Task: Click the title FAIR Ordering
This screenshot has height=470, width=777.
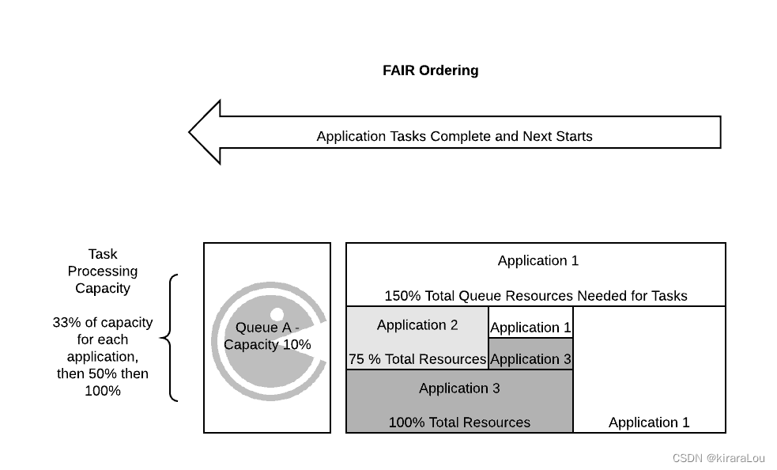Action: click(x=430, y=70)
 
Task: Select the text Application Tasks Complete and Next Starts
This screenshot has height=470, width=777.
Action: click(x=454, y=136)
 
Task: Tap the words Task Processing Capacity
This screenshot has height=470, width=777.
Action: click(x=103, y=271)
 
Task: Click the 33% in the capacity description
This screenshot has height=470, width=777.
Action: click(x=65, y=323)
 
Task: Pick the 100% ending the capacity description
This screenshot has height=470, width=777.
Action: click(x=103, y=390)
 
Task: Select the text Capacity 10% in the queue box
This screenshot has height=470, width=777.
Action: click(x=267, y=345)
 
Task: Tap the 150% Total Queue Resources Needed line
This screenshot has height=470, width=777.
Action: click(x=535, y=296)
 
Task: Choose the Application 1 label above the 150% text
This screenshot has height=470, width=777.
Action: click(x=537, y=260)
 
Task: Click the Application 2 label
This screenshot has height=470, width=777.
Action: click(x=417, y=325)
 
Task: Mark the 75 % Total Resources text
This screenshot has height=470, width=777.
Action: click(x=417, y=359)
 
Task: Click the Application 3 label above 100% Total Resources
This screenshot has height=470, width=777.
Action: click(x=458, y=388)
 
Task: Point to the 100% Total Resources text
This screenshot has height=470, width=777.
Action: click(x=458, y=423)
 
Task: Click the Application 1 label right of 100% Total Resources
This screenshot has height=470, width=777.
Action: click(x=648, y=423)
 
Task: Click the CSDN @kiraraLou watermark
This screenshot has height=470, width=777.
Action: click(x=718, y=458)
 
